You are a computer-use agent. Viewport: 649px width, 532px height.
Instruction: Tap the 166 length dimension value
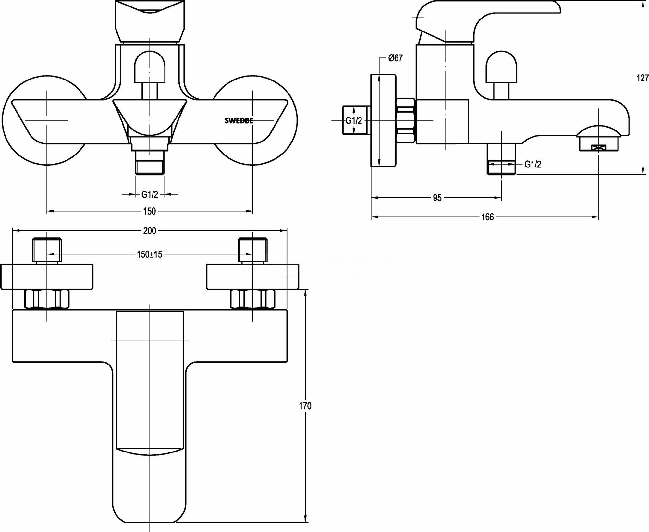point(487,217)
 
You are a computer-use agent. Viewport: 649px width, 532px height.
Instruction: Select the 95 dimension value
point(437,198)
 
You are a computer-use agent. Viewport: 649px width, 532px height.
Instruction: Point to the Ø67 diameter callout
point(395,58)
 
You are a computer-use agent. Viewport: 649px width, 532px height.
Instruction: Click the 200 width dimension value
point(150,230)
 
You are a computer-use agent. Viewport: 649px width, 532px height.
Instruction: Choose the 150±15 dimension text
point(150,254)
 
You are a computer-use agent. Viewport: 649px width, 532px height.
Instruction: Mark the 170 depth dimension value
point(306,406)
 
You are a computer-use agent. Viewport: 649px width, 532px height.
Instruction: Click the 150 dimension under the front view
point(150,211)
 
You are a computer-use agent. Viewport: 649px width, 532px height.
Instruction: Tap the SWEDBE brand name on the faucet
point(239,121)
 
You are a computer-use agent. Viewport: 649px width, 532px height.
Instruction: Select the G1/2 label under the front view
point(150,194)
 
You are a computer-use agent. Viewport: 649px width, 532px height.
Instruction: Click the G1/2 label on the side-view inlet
point(353,121)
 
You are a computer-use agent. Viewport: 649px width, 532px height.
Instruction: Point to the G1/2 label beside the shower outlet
point(533,165)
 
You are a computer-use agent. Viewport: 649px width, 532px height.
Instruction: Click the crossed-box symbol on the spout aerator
point(599,148)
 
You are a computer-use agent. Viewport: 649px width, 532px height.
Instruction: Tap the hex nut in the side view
point(406,120)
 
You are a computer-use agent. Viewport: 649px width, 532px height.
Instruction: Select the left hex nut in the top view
point(47,299)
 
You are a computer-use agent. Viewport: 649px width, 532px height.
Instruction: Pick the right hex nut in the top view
point(253,299)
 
